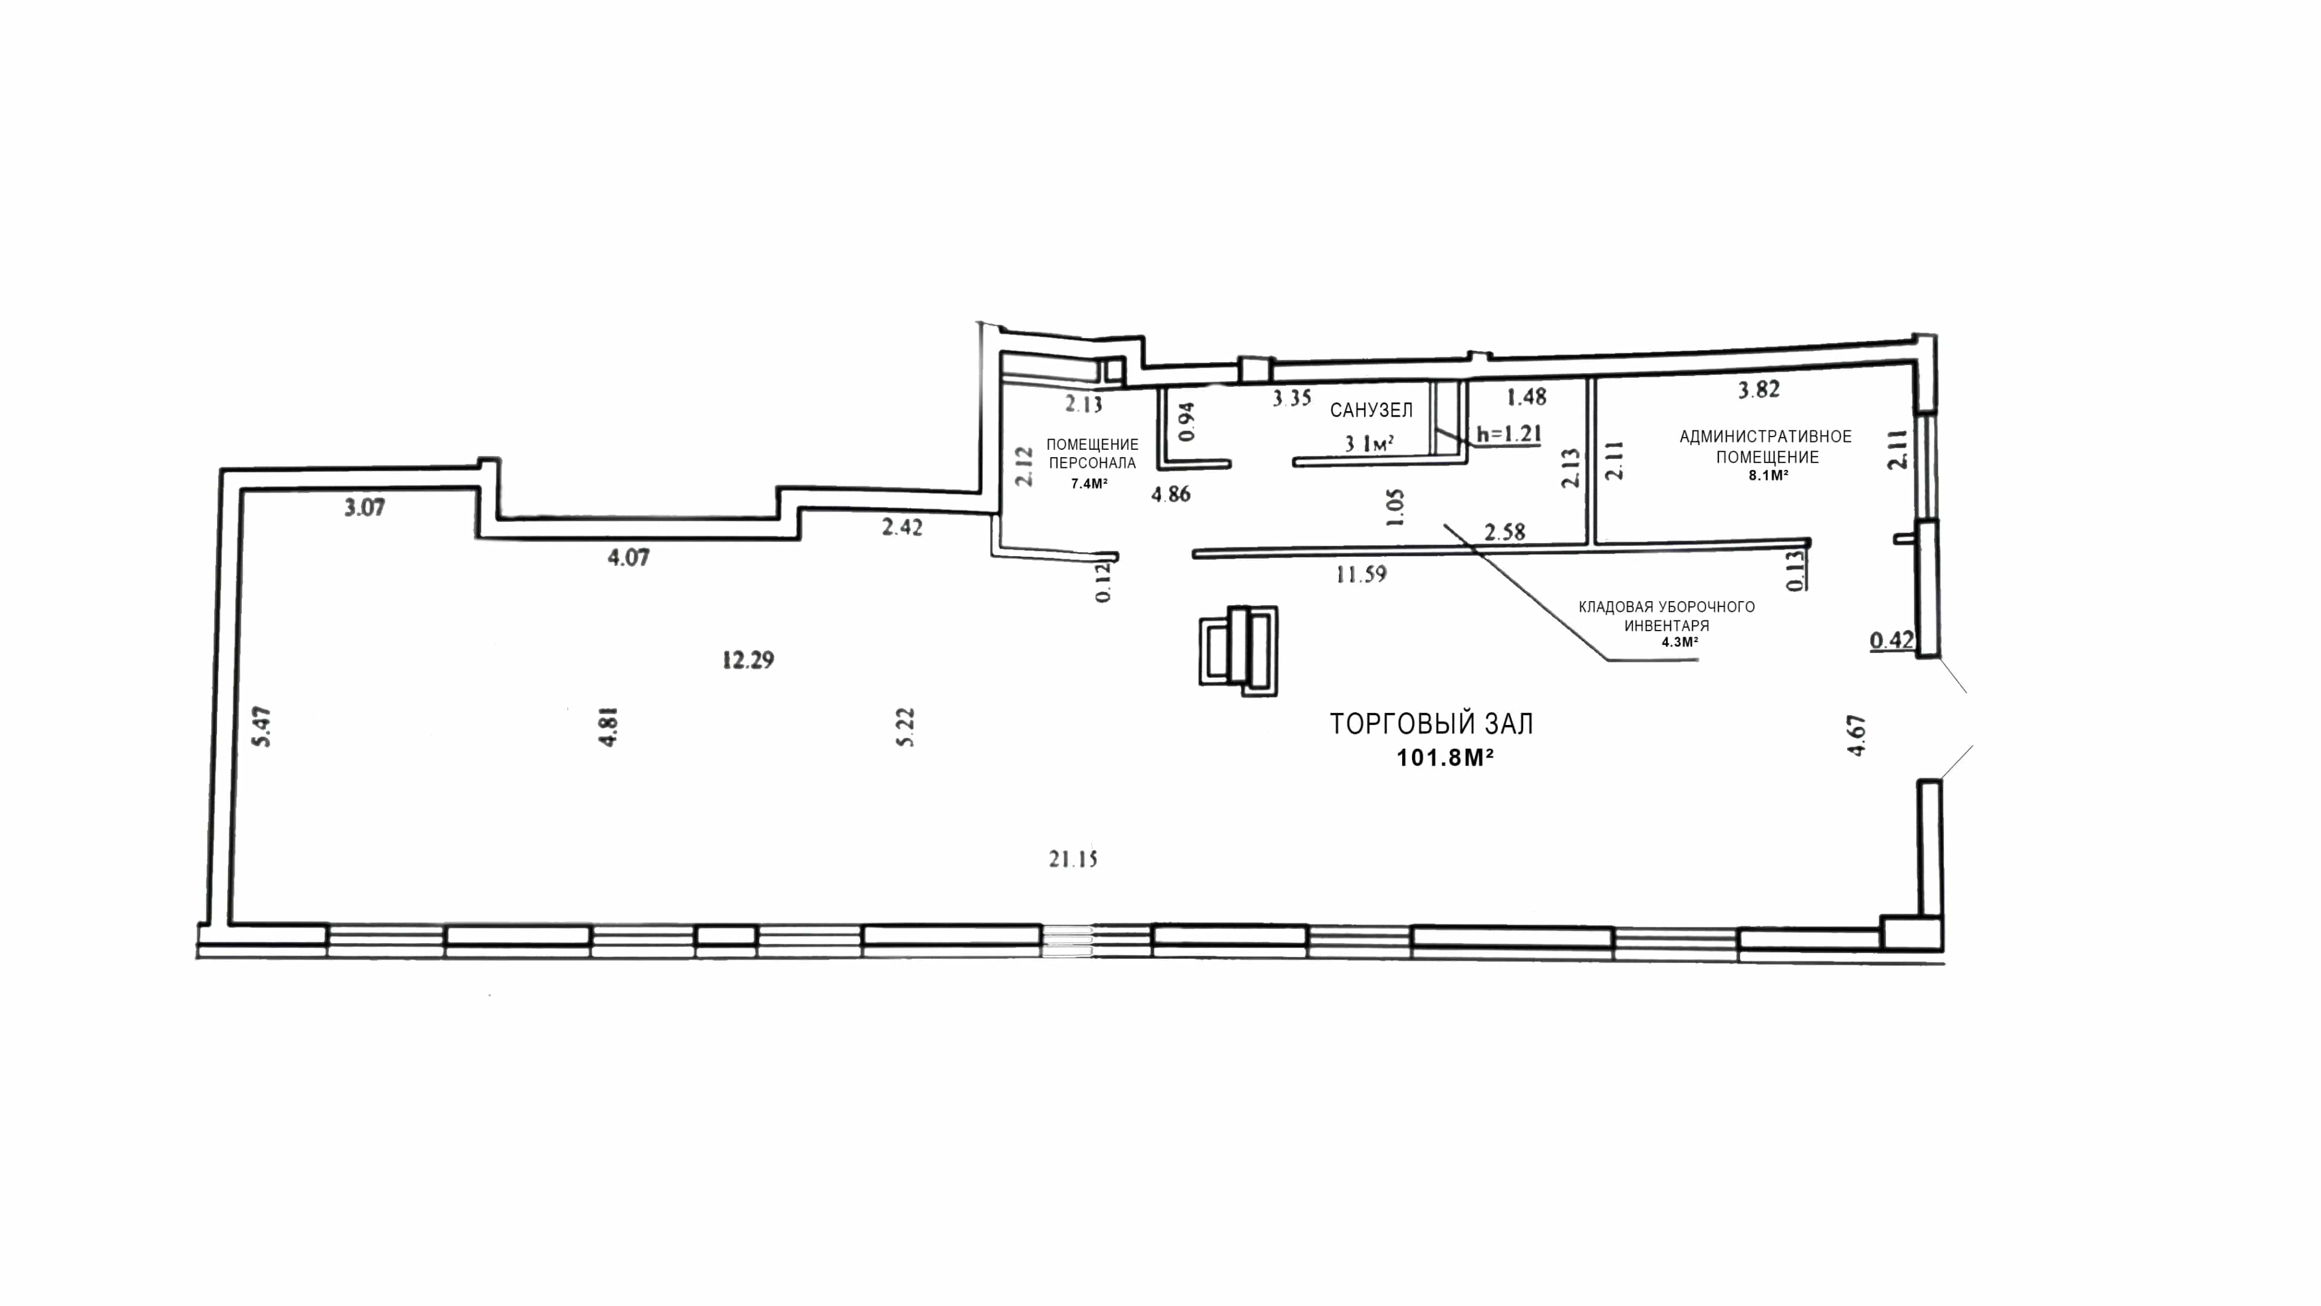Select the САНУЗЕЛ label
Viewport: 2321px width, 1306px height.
point(1371,410)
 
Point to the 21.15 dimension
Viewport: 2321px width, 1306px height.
point(1073,859)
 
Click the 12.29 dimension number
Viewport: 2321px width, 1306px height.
point(748,660)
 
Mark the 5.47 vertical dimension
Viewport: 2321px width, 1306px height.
point(263,726)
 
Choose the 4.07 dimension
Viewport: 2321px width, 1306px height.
point(628,557)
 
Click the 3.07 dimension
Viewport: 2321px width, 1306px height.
point(364,507)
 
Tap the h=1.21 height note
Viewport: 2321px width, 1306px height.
point(1509,434)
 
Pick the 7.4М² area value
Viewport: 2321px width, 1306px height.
point(1089,483)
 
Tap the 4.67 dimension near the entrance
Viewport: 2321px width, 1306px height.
point(1856,735)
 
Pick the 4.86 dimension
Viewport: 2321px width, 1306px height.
point(1170,494)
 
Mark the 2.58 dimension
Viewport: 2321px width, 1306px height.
point(1504,532)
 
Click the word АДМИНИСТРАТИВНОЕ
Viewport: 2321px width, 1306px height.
point(1765,436)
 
